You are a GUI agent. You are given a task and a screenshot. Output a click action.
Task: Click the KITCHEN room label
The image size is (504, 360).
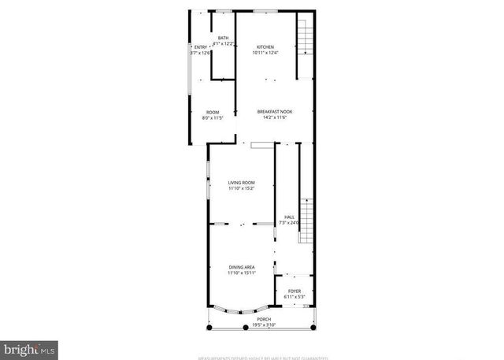point(264,47)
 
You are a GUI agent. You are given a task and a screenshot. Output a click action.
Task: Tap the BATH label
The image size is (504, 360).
point(224,38)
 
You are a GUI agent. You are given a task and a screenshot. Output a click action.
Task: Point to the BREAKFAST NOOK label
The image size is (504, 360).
point(275,112)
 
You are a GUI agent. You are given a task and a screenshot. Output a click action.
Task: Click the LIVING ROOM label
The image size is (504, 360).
point(242,183)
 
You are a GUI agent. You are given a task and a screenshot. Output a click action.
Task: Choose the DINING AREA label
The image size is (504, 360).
point(242,268)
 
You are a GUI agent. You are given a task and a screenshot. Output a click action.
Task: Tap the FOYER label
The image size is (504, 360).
point(295,291)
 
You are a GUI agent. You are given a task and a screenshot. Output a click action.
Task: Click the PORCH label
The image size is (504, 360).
point(262,319)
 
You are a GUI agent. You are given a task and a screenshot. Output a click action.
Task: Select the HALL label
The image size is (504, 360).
point(289,217)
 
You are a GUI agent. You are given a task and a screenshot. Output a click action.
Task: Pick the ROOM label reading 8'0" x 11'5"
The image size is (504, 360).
point(213,112)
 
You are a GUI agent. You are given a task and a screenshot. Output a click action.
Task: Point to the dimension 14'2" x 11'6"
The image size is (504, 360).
point(275,118)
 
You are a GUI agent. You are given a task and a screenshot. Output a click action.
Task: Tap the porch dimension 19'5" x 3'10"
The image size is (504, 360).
point(262,325)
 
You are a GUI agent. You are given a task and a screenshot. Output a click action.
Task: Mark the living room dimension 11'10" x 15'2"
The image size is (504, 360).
point(242,189)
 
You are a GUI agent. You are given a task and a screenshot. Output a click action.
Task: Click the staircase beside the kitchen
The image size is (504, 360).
point(305,36)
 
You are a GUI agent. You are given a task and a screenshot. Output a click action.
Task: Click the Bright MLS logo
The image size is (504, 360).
point(29,347)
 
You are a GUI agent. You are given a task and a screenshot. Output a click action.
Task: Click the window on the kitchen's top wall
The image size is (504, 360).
point(264,11)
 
